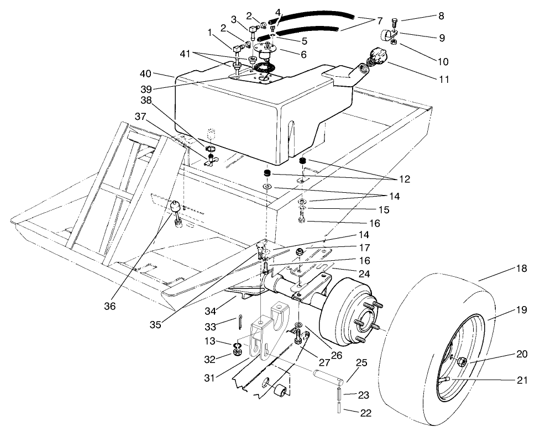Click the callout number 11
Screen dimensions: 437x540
coord(444,80)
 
